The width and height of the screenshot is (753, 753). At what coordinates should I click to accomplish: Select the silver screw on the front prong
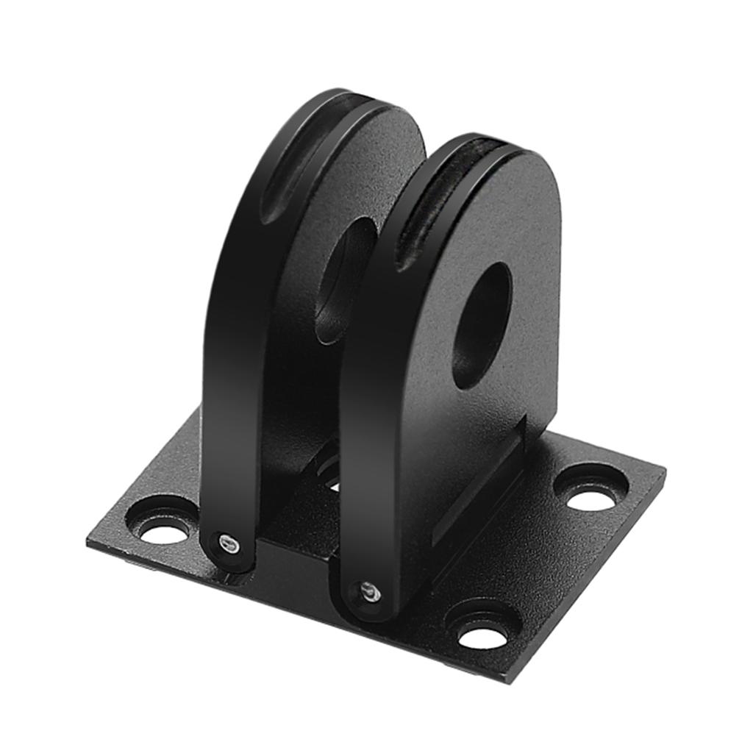pos(369,591)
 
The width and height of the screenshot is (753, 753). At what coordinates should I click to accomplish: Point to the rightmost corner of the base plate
pos(664,471)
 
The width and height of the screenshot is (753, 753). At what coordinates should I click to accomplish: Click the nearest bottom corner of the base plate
pos(507,681)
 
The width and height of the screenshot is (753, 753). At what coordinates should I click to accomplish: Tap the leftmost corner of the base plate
pos(88,540)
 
